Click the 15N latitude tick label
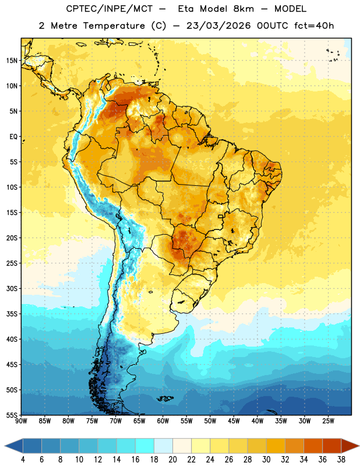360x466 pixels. [x=12, y=61]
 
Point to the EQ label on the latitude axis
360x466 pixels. [x=13, y=137]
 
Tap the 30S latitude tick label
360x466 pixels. [x=12, y=288]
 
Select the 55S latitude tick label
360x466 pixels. [x=12, y=415]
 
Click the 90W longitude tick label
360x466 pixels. [x=21, y=421]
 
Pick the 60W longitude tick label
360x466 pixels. [x=163, y=421]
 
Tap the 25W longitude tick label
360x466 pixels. [x=328, y=421]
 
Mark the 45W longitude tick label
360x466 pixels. [x=234, y=421]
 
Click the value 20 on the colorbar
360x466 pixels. [x=172, y=460]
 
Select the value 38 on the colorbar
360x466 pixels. [x=341, y=460]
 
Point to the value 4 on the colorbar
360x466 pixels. [x=23, y=460]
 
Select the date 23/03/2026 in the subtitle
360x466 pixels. [x=218, y=26]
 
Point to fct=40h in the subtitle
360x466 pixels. [x=314, y=26]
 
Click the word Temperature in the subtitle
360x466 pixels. [x=114, y=26]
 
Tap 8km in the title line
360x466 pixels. [x=243, y=9]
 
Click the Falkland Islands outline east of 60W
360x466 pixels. [x=165, y=399]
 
